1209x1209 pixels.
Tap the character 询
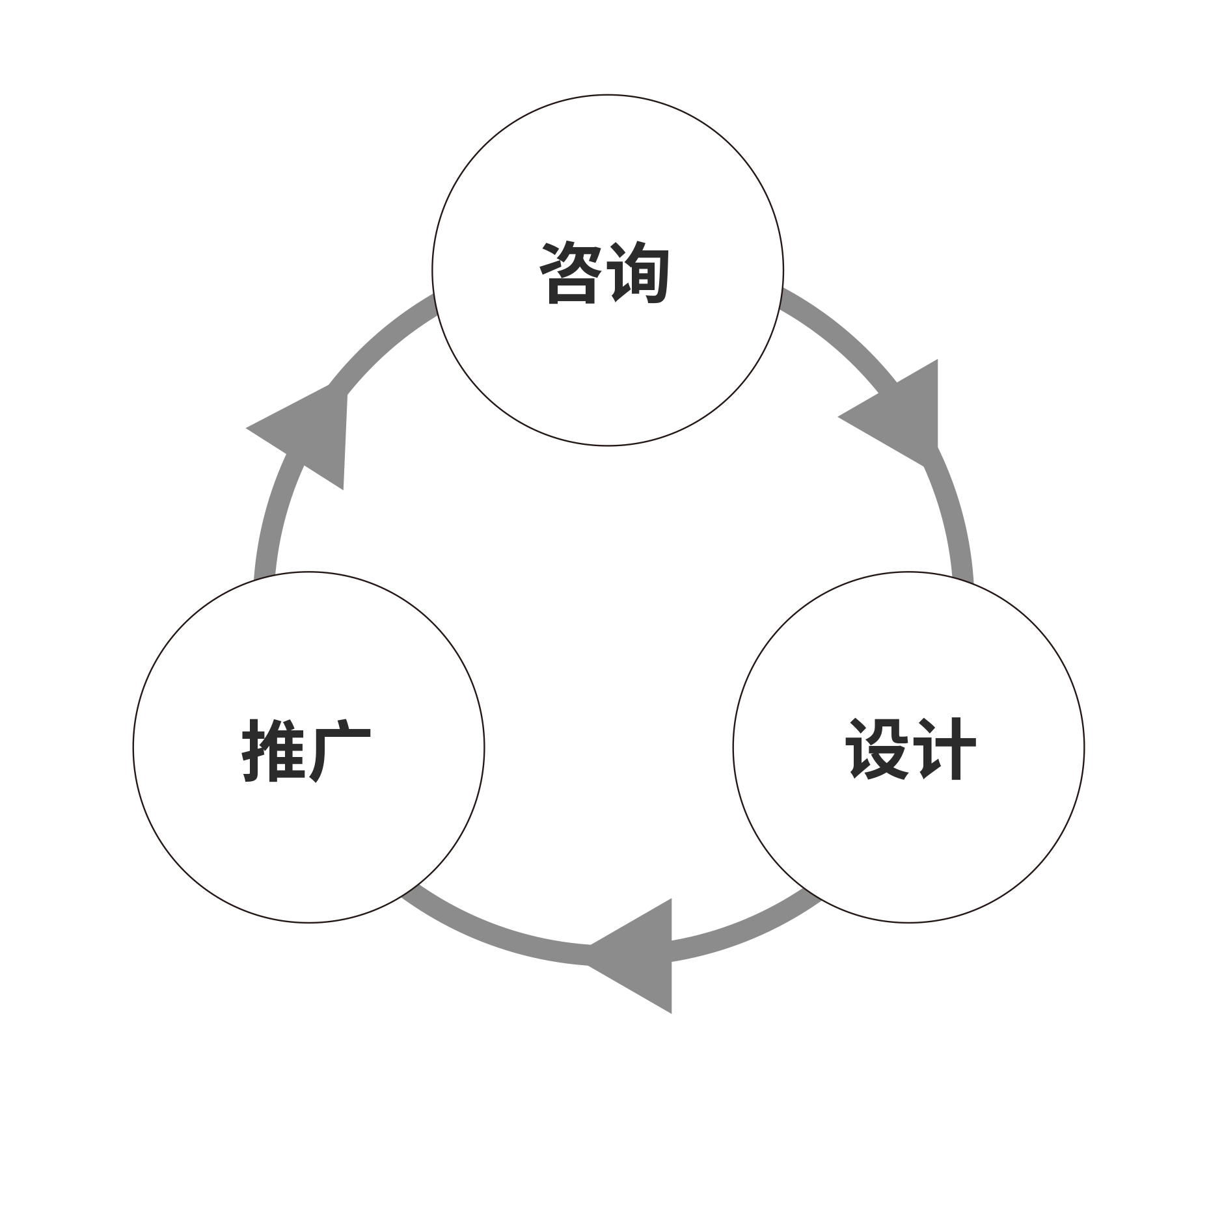click(x=639, y=273)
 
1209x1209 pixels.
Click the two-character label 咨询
click(x=604, y=273)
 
